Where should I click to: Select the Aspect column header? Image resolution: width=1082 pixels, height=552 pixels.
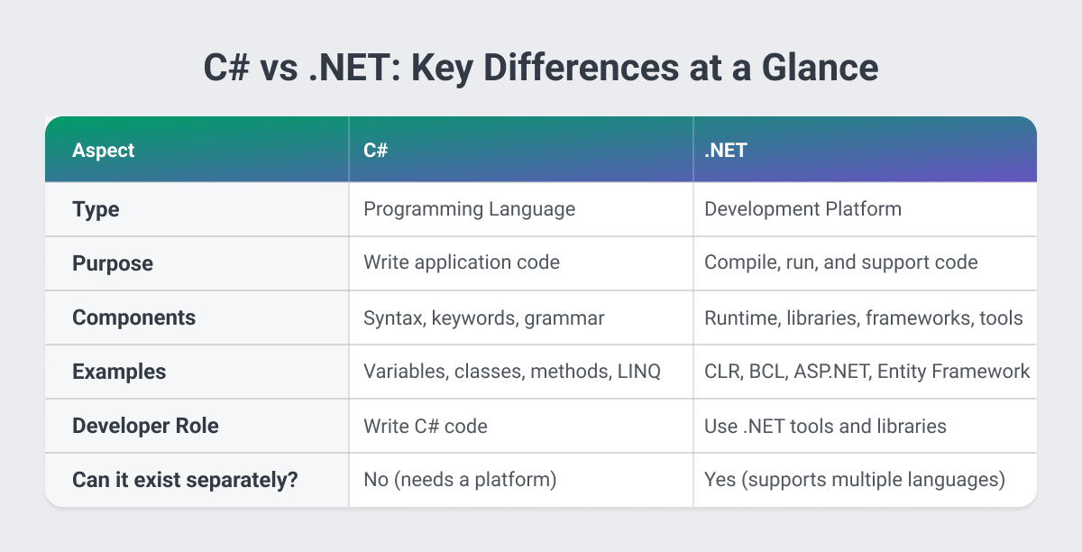(103, 151)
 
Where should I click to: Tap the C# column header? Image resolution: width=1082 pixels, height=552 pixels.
(376, 151)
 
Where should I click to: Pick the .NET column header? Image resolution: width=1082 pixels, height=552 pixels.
(726, 151)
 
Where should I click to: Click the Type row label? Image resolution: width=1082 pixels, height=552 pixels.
(96, 209)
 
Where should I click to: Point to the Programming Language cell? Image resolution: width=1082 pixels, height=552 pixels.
(469, 209)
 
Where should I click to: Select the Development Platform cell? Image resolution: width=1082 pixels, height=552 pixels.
(802, 209)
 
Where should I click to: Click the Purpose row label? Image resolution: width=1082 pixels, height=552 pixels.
(112, 263)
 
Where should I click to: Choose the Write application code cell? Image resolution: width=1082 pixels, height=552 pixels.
(461, 263)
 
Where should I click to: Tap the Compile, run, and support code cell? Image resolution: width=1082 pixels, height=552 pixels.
(840, 263)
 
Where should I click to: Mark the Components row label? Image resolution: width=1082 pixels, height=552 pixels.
(133, 317)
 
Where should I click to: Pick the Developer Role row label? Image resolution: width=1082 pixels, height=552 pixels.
(145, 426)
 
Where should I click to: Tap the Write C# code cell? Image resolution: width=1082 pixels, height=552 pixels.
(425, 426)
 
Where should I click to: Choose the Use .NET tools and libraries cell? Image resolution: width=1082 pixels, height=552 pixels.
(825, 426)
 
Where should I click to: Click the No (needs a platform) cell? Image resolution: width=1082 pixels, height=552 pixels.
(460, 480)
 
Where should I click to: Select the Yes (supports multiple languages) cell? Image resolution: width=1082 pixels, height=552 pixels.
(854, 480)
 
